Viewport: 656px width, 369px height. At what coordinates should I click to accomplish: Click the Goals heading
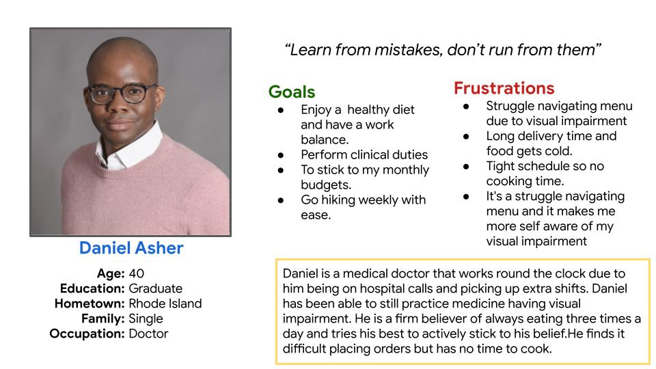[x=292, y=92]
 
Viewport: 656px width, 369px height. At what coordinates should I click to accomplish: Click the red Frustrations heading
[x=504, y=88]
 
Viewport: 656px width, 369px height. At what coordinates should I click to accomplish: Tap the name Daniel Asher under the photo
[x=131, y=247]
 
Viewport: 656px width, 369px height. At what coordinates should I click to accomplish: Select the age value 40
[x=137, y=273]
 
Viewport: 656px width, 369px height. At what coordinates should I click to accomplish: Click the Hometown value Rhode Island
[x=165, y=303]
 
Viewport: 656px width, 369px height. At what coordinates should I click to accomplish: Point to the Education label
[x=92, y=288]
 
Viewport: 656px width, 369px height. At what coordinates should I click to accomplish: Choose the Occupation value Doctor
[x=148, y=333]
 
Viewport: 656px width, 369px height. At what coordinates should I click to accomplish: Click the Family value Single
[x=146, y=319]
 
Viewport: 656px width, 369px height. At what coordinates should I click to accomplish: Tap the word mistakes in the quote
[x=409, y=50]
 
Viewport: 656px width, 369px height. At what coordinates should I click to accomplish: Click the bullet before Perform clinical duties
[x=281, y=155]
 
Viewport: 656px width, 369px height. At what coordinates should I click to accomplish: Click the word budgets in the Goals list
[x=326, y=185]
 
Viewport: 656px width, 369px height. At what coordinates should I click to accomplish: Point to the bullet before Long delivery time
[x=466, y=137]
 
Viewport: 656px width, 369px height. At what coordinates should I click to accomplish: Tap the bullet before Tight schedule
[x=466, y=167]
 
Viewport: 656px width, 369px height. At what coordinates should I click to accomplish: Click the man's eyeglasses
[x=122, y=94]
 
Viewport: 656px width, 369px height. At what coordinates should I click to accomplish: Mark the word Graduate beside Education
[x=156, y=288]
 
